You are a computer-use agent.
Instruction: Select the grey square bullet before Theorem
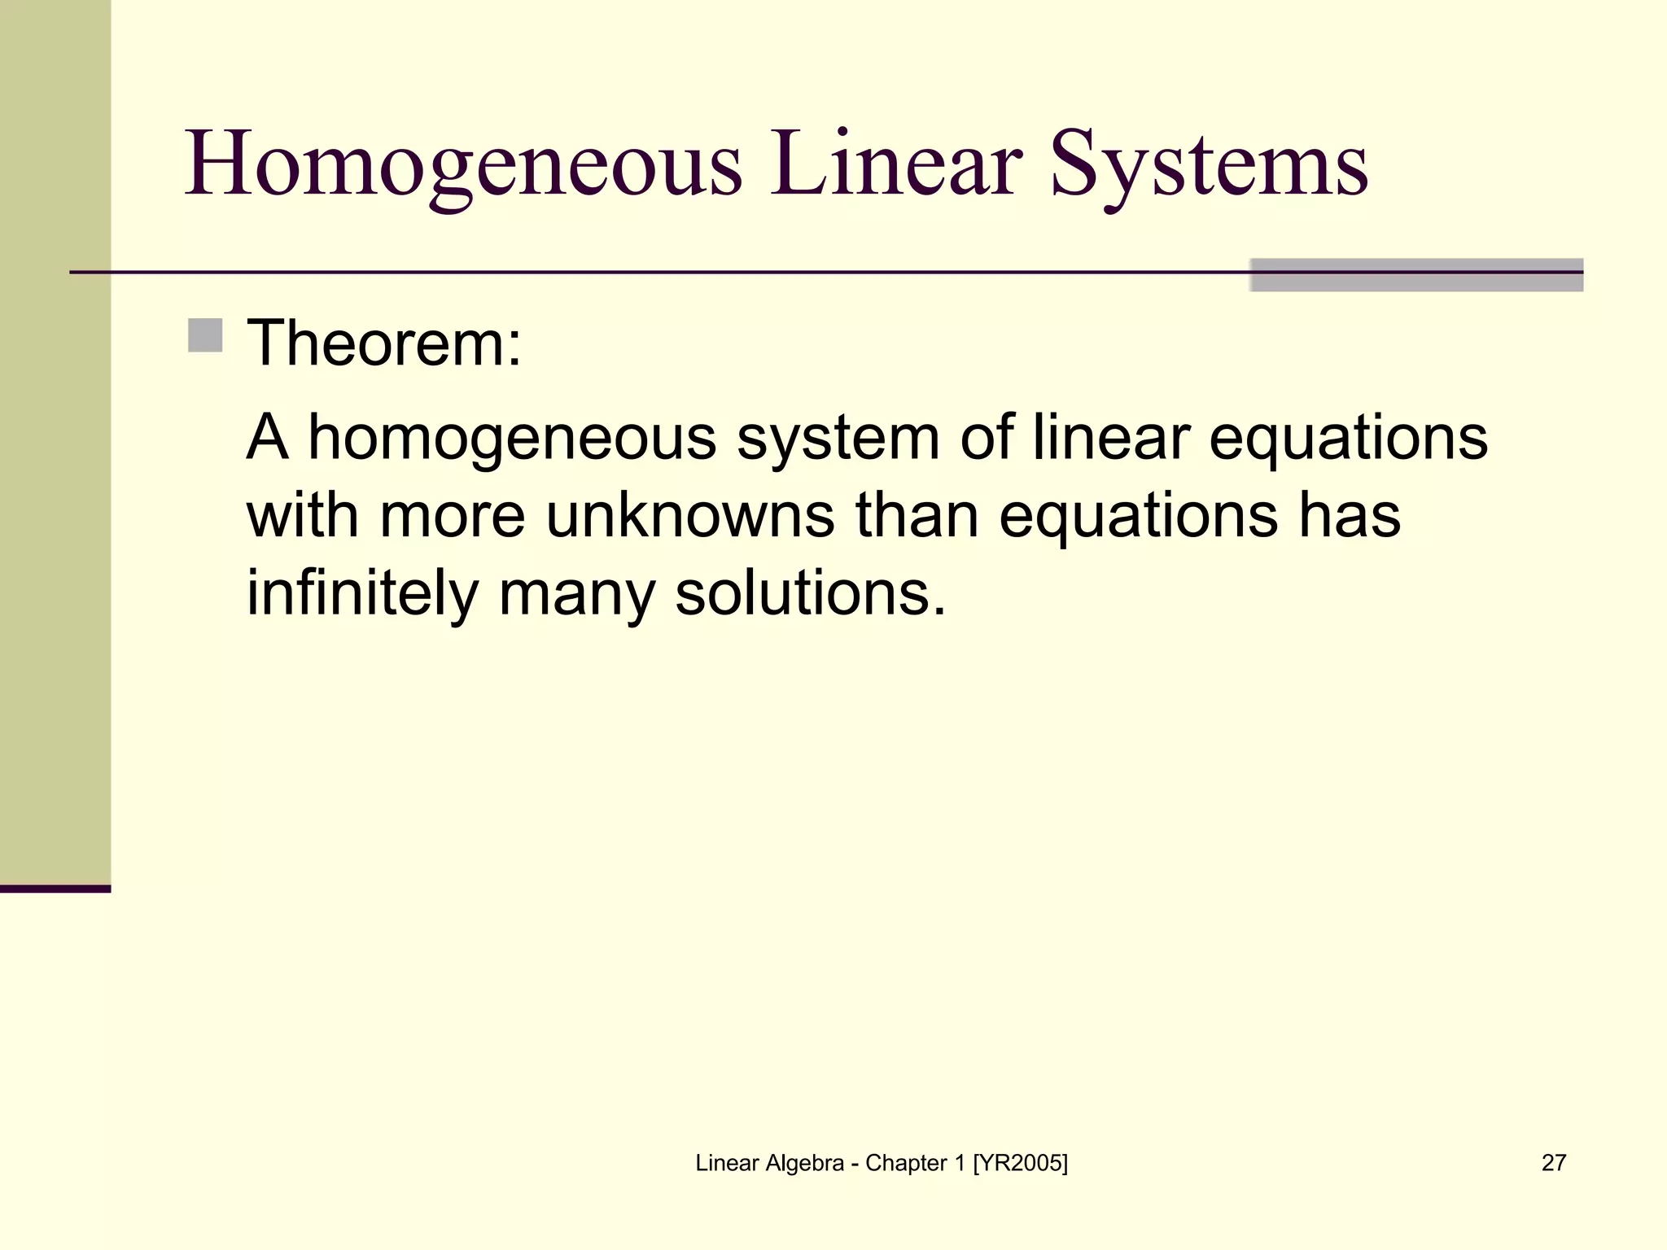205,335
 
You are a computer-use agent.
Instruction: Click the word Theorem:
383,343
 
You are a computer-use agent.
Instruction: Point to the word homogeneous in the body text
512,438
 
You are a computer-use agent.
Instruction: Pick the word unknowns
690,516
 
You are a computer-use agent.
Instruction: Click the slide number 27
1553,1163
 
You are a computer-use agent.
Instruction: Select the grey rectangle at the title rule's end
1416,275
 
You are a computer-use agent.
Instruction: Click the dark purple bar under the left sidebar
55,889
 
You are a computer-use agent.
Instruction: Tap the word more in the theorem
453,516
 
